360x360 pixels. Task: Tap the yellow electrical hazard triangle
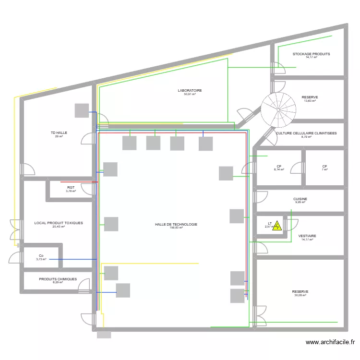click(277, 225)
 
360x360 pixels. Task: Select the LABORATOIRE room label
click(190, 90)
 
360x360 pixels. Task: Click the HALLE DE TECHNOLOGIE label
click(176, 224)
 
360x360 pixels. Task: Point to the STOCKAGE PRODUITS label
click(311, 54)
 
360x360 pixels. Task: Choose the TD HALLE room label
click(59, 132)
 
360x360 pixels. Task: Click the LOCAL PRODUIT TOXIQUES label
click(59, 223)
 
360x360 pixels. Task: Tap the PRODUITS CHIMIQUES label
click(58, 279)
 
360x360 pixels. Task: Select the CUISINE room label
click(300, 199)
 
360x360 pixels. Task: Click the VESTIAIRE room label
click(307, 236)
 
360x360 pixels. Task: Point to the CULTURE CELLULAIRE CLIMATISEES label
click(306, 133)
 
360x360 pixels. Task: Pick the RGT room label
click(71, 188)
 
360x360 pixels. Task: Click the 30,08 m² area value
click(300, 296)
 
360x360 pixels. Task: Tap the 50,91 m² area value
click(190, 95)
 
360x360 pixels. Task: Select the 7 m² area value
click(324, 170)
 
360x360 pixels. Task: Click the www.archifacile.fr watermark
click(330, 342)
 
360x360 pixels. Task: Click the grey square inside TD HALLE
click(82, 110)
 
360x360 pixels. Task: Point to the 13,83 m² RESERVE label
click(310, 97)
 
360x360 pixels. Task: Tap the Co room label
click(41, 256)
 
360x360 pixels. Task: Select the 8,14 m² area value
click(279, 170)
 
